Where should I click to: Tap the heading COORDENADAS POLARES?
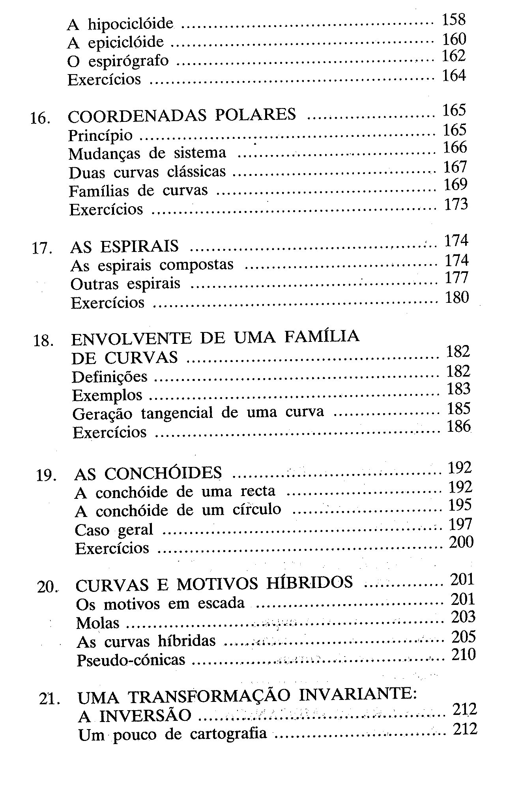(x=182, y=115)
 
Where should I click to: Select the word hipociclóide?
(x=131, y=24)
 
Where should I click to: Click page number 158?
(x=454, y=19)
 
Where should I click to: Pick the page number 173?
(x=456, y=204)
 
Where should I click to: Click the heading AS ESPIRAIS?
(x=125, y=246)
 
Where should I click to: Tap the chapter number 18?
(x=43, y=340)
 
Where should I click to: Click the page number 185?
(x=459, y=409)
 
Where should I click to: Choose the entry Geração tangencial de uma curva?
(x=198, y=413)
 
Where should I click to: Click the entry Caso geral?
(x=114, y=530)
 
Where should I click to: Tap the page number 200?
(x=461, y=542)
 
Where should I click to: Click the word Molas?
(x=98, y=623)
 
